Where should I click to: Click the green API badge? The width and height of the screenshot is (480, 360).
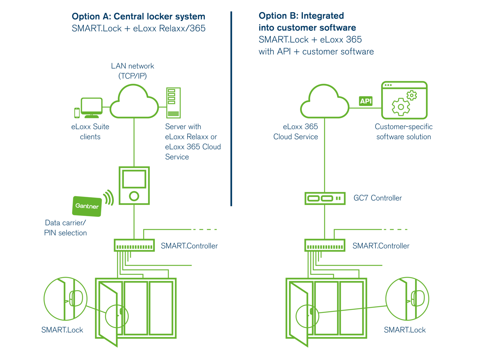pyautogui.click(x=366, y=101)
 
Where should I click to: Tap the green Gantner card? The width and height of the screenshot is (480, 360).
pyautogui.click(x=87, y=206)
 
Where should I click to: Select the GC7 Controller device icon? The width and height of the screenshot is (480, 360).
pyautogui.click(x=325, y=198)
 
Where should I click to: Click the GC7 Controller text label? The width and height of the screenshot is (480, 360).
pyautogui.click(x=378, y=198)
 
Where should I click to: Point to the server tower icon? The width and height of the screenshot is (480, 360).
pyautogui.click(x=173, y=103)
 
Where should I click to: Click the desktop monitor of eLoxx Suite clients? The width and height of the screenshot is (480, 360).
pyautogui.click(x=91, y=106)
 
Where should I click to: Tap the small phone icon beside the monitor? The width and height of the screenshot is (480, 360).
pyautogui.click(x=77, y=113)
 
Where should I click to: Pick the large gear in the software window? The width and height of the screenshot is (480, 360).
pyautogui.click(x=401, y=107)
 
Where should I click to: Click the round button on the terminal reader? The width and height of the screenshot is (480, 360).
pyautogui.click(x=134, y=196)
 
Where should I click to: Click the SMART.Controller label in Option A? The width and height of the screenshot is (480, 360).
pyautogui.click(x=189, y=246)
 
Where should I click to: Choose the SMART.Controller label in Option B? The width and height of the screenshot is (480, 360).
pyautogui.click(x=381, y=246)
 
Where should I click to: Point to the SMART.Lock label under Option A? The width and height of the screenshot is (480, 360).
pyautogui.click(x=62, y=330)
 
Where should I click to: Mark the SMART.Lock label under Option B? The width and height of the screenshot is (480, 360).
pyautogui.click(x=405, y=330)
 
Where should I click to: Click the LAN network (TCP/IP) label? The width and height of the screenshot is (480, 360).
pyautogui.click(x=133, y=71)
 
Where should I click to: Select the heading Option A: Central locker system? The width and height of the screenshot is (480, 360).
pyautogui.click(x=139, y=16)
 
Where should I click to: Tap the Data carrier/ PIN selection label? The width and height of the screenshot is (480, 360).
pyautogui.click(x=65, y=228)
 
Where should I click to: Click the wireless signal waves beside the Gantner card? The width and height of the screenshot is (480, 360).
pyautogui.click(x=109, y=198)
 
